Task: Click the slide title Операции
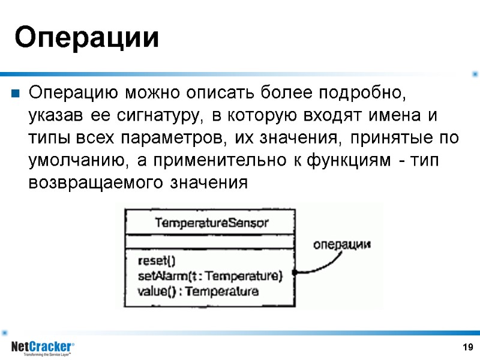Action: (x=87, y=38)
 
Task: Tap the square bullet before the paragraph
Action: (x=14, y=94)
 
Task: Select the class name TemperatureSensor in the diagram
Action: (x=212, y=223)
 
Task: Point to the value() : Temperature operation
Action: (x=198, y=292)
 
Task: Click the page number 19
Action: (x=468, y=347)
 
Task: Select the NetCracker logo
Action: (x=42, y=346)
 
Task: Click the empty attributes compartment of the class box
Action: (x=210, y=242)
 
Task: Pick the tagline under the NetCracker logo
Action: (x=47, y=355)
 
